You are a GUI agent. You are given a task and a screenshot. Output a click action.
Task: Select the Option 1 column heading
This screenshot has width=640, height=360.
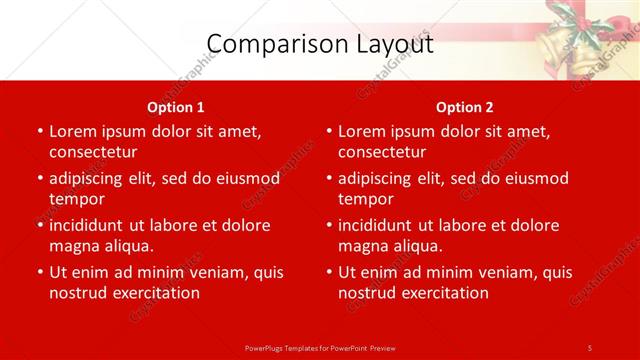point(176,107)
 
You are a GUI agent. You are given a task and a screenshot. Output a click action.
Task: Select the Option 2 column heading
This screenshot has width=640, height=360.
point(465,107)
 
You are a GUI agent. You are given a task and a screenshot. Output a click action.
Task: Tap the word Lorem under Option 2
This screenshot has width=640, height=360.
point(361,131)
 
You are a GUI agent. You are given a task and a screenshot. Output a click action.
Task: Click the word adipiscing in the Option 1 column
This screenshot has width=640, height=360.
point(88,178)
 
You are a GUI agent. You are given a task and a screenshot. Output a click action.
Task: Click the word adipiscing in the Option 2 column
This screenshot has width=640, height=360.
point(377,178)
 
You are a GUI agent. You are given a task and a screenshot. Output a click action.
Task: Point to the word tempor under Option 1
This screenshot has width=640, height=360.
point(76,199)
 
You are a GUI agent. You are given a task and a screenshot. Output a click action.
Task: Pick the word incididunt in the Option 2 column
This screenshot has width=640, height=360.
point(382,225)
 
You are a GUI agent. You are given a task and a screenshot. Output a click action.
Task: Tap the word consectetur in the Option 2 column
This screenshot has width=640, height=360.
point(381,152)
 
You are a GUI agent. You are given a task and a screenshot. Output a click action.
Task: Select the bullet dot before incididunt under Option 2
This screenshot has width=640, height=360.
point(328,226)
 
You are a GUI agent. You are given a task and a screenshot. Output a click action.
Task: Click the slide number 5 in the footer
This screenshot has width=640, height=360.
point(590,347)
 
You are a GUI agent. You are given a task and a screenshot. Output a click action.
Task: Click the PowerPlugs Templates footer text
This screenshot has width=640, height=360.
point(320,347)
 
